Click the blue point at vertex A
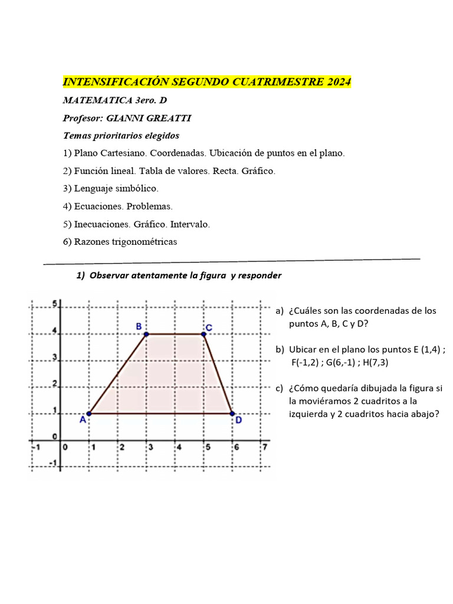click(88, 413)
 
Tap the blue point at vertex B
click(146, 334)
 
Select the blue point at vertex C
click(204, 334)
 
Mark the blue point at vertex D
click(232, 413)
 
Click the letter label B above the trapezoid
click(139, 326)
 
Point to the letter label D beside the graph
click(238, 421)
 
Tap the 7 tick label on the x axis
click(265, 447)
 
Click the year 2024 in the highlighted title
click(338, 82)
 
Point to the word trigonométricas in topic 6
click(142, 242)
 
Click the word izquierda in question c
click(308, 414)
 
